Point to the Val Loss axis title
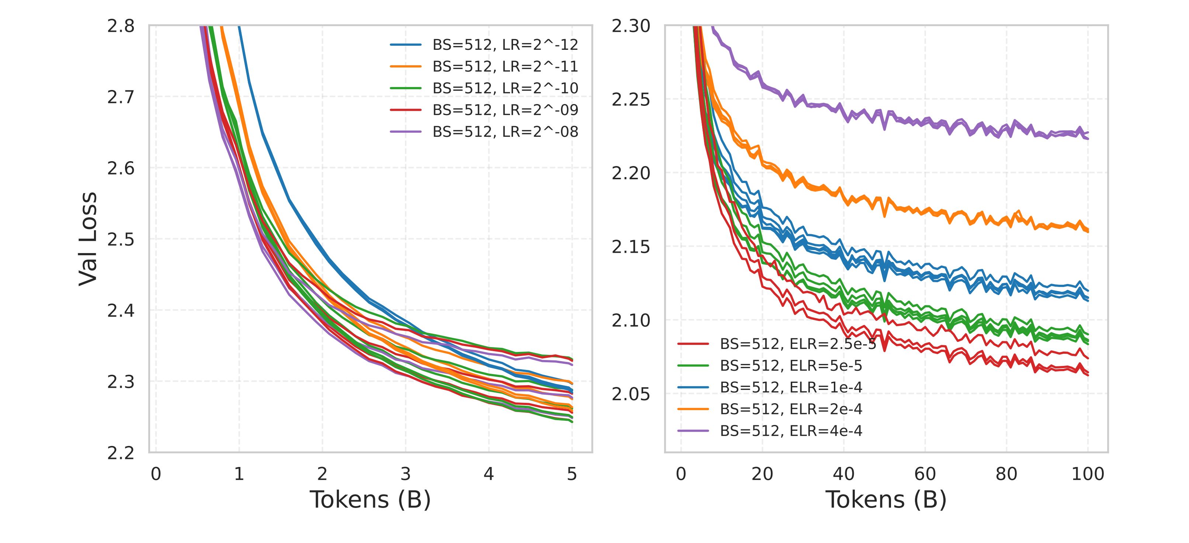(88, 239)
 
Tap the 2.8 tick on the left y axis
(121, 26)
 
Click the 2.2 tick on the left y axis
(121, 453)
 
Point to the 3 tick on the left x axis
(405, 474)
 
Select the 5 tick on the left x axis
(572, 474)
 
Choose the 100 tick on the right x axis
(1088, 474)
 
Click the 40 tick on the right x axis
(844, 474)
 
